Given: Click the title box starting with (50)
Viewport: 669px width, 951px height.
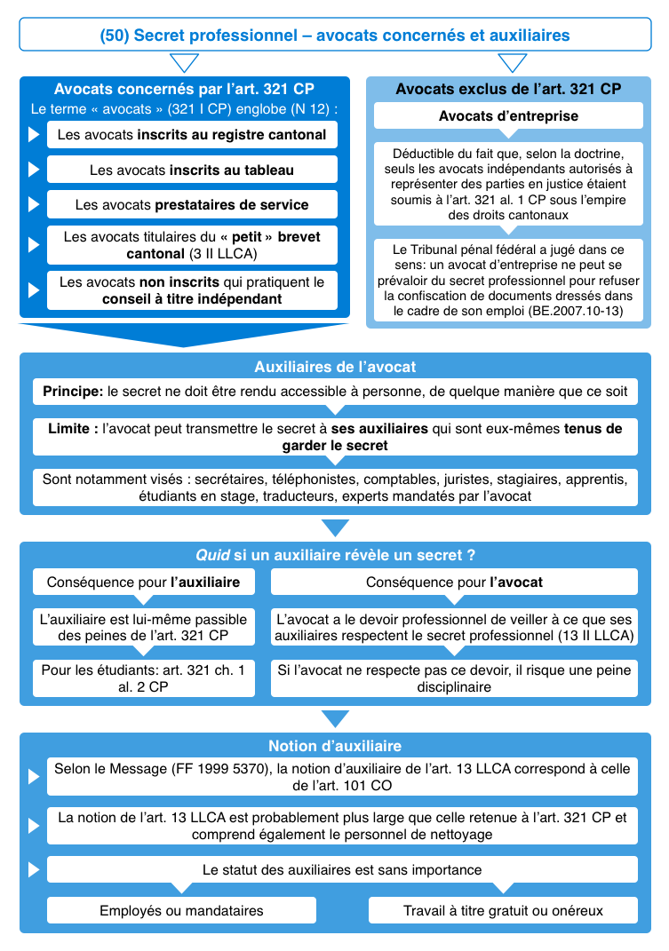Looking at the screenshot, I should pos(334,36).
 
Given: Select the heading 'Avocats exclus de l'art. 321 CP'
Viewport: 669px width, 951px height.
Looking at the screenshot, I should pos(508,89).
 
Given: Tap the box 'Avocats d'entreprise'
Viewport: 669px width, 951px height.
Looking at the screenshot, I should pos(508,116).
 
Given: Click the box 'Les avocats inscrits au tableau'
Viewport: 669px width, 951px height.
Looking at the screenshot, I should pos(192,170).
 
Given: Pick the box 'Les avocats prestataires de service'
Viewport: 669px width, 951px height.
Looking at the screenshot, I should pos(192,204).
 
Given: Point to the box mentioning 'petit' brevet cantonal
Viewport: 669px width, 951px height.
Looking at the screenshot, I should pos(192,245).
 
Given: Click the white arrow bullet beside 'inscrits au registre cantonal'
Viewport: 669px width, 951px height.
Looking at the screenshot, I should pos(34,136).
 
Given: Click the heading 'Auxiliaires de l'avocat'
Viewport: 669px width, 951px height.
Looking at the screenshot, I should pos(334,367).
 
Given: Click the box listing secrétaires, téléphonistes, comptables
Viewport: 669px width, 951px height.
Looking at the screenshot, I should pos(334,487).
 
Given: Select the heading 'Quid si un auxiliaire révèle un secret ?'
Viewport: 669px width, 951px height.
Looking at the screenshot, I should pos(334,555).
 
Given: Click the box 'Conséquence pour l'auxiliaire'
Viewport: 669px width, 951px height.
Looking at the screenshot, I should pos(143,582).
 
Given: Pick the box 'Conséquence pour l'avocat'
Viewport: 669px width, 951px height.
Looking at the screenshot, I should pos(454,582).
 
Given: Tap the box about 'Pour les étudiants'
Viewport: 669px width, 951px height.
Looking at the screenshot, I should pos(143,678).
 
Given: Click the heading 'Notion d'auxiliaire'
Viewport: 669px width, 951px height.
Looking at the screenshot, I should pos(334,746).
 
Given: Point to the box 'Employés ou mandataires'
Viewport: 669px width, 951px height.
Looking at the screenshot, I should pos(181,910).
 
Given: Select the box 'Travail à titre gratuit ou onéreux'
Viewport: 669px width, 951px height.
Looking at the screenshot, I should pos(503,910).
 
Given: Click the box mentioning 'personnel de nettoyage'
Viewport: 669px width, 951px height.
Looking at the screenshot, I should pos(342,825).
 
